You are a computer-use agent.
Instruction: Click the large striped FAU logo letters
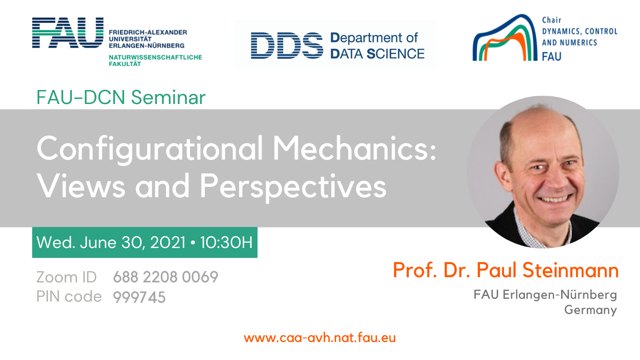pos(68,32)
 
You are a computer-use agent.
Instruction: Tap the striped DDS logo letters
pos(287,46)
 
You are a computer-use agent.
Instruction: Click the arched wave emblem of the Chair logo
pos(505,38)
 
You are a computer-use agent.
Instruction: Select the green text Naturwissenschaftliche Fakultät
pos(155,60)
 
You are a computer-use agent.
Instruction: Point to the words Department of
pos(374,38)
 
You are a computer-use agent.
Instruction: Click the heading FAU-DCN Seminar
pos(121,98)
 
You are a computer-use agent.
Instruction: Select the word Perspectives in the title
pos(293,186)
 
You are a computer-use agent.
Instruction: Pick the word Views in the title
pos(81,186)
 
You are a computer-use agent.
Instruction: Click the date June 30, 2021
pos(133,242)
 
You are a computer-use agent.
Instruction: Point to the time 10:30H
pos(226,242)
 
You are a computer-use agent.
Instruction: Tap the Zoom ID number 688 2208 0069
pos(166,277)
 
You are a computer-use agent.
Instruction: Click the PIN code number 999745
pos(139,297)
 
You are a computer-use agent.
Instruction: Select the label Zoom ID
pos(66,277)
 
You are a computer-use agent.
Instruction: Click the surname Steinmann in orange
pos(570,270)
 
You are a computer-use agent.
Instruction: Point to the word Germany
pos(590,310)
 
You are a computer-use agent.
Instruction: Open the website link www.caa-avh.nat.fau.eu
pos(320,338)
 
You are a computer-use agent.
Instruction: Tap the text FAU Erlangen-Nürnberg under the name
pos(545,294)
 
